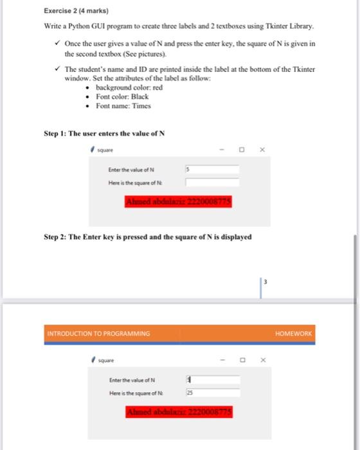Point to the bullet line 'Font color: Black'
pos(122,96)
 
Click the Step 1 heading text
pos(104,134)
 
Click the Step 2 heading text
pos(147,237)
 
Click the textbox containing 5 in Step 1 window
pos(212,170)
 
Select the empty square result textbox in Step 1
pos(212,183)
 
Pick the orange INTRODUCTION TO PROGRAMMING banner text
pos(98,334)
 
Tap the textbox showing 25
pos(212,392)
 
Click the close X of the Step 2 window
pos(262,361)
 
